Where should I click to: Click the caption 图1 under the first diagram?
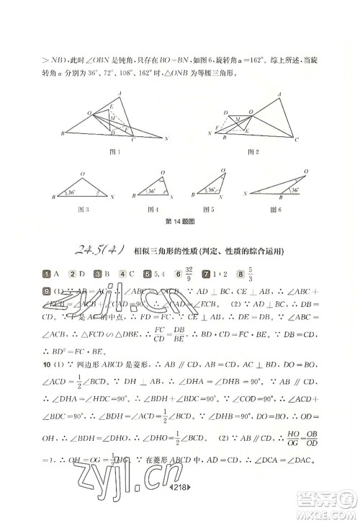(x=112, y=151)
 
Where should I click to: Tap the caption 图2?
(x=253, y=151)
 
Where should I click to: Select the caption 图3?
(x=84, y=210)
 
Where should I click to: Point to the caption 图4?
(x=153, y=210)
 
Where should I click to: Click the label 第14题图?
(x=179, y=222)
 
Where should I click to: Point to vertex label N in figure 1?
(x=167, y=138)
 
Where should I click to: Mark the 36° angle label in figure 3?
(x=69, y=193)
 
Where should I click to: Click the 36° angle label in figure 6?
(x=294, y=190)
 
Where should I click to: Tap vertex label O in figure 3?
(x=83, y=174)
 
